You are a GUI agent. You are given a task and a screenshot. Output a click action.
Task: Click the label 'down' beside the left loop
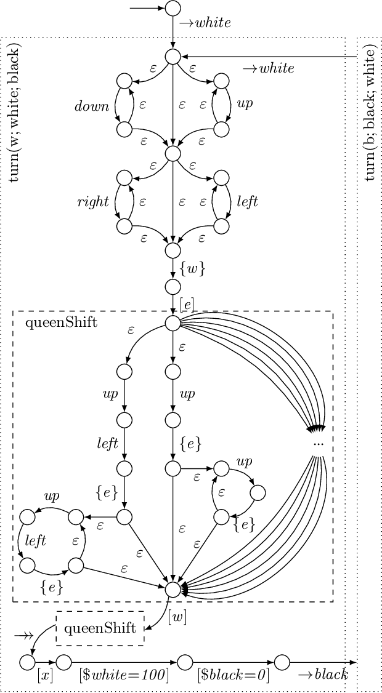coord(92,106)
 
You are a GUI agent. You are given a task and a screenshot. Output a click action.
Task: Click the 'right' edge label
coord(93,202)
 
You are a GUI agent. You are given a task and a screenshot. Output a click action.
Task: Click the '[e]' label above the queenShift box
coord(188,303)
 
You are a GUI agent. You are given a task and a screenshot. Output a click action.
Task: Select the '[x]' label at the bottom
coord(45,675)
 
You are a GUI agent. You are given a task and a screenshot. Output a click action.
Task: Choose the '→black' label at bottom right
coord(322,675)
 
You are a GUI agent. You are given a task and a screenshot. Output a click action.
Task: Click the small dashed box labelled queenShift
coord(100,628)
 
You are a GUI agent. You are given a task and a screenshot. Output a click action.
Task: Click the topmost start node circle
coord(173,9)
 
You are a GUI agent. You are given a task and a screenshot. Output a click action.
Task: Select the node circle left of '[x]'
coord(27,662)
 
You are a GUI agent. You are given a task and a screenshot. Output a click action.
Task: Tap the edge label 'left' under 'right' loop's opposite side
coord(248,202)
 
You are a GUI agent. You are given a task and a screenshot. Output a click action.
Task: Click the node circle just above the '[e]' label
coord(173,286)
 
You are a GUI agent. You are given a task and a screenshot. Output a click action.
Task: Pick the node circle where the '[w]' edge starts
coord(173,589)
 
